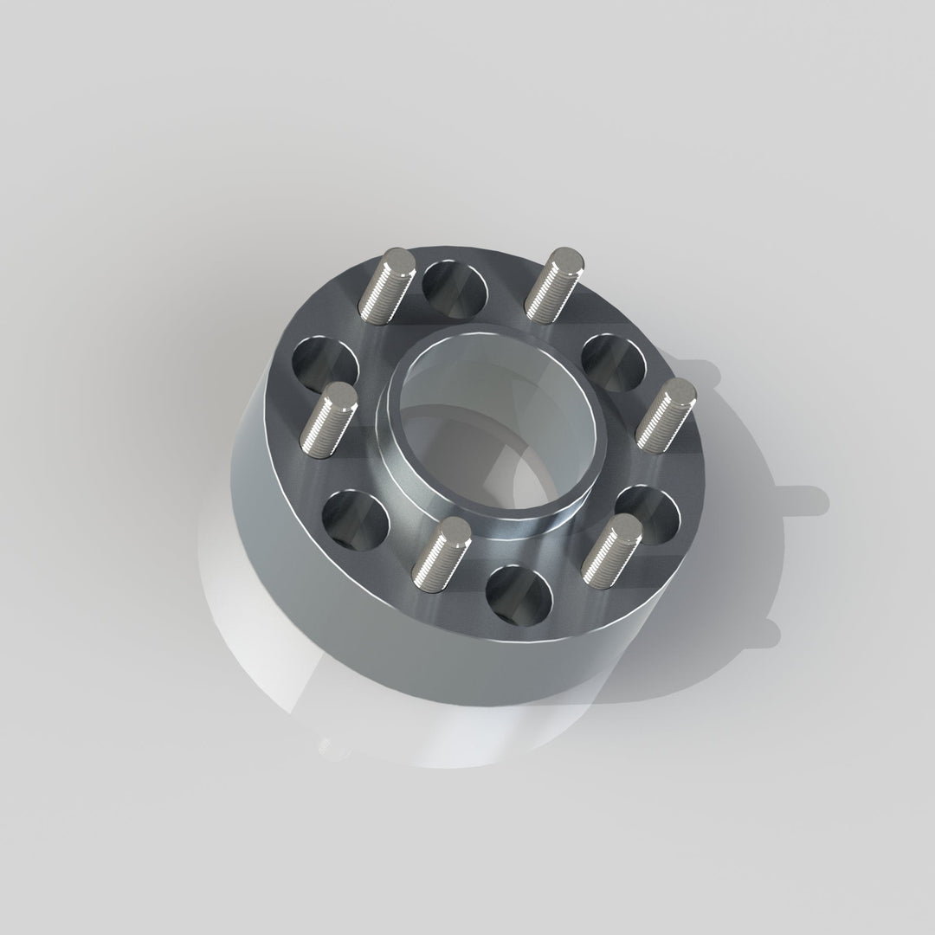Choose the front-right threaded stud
click(611, 547)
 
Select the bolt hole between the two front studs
click(519, 596)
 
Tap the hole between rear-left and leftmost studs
click(325, 364)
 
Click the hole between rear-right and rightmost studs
click(614, 362)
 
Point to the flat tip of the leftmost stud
click(339, 397)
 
